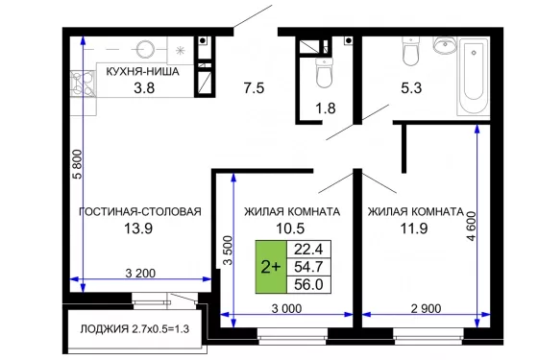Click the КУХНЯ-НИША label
point(142,72)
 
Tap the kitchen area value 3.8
point(144,88)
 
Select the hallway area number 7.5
point(254,88)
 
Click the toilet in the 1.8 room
point(324,72)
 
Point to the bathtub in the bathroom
point(474,77)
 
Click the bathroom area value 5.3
point(411,88)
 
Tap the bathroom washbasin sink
point(445,45)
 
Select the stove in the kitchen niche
point(84,84)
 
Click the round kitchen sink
point(145,49)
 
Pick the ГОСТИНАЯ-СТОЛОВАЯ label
point(140,211)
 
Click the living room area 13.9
point(138,228)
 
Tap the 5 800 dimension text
point(78,164)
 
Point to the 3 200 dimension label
point(140,274)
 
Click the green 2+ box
point(271,267)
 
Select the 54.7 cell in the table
point(308,267)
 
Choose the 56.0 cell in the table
point(308,284)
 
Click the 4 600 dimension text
point(472,227)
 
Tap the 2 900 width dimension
point(426,308)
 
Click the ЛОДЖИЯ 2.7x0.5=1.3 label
point(134,329)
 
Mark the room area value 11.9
point(414,228)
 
